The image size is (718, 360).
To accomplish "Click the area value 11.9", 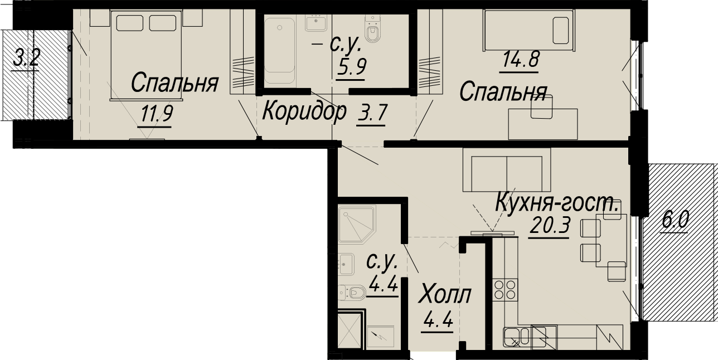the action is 157,114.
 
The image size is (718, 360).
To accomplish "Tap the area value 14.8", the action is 521,60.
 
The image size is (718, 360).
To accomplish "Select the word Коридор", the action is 304,111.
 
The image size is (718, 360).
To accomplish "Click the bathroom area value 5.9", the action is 351,67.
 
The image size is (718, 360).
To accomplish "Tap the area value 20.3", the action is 550,225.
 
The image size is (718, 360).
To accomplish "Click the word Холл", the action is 445,294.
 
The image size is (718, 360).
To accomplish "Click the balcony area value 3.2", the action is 27,57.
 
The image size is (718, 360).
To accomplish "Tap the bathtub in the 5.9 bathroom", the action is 279,50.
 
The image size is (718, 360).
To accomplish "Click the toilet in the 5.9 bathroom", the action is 372,29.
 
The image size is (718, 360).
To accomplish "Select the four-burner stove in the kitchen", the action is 505,290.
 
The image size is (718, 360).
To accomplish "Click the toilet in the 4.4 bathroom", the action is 352,293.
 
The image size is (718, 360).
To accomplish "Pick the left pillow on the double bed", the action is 130,23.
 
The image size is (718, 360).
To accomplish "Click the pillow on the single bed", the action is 561,31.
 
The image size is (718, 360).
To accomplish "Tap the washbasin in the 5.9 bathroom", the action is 316,22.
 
